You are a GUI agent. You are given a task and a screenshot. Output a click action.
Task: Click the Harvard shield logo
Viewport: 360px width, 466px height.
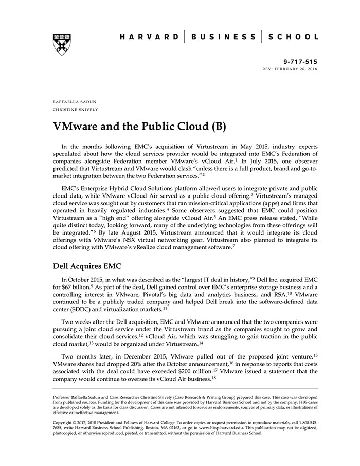(61, 44)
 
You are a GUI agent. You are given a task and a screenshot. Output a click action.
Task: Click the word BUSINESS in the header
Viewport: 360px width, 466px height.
(223, 37)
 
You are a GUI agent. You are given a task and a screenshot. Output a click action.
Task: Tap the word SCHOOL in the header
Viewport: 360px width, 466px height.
(293, 37)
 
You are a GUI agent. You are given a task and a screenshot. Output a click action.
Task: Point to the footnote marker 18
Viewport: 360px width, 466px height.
(213, 378)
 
